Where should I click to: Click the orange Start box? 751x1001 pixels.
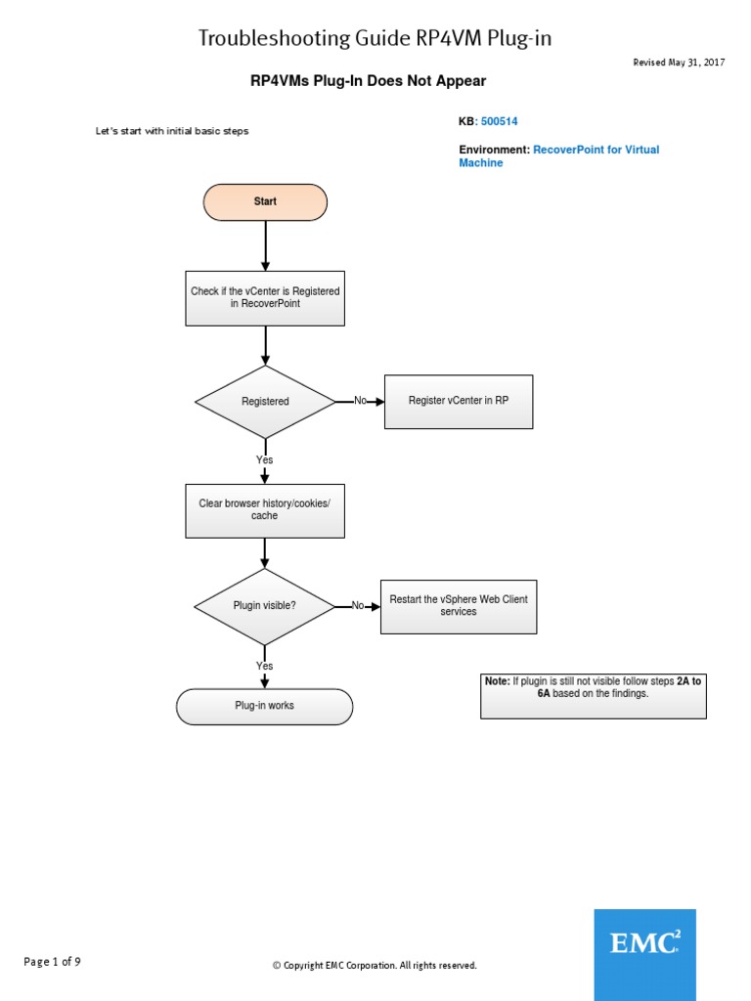pos(265,202)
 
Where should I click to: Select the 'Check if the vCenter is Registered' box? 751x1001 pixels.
pos(265,298)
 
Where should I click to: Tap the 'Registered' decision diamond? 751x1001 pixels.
pos(265,402)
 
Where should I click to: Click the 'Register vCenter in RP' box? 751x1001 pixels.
pos(459,402)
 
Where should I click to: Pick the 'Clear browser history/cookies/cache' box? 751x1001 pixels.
pos(265,509)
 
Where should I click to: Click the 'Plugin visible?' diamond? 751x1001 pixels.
pos(265,606)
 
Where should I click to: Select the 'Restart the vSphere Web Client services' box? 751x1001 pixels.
pos(459,606)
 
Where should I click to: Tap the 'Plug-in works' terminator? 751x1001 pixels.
pos(265,706)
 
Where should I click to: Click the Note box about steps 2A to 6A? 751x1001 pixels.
pos(593,696)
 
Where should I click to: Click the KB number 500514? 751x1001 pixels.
pos(500,122)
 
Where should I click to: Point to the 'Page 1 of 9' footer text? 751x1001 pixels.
pos(53,962)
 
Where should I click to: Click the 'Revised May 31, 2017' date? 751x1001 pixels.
pos(680,63)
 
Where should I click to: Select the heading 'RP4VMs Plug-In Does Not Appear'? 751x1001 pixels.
pos(368,82)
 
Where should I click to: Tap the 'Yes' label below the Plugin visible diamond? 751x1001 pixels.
pos(265,667)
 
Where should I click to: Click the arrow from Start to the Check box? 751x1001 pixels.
pos(265,245)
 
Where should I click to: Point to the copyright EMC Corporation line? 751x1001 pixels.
pos(375,966)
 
